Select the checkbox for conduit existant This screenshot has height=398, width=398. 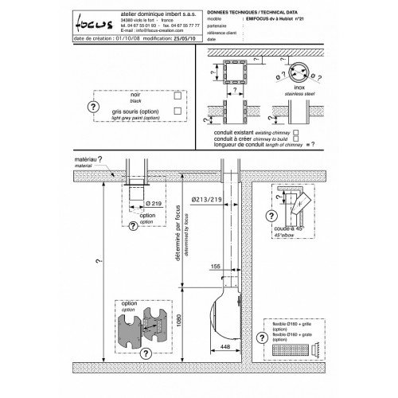[x=295, y=131]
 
